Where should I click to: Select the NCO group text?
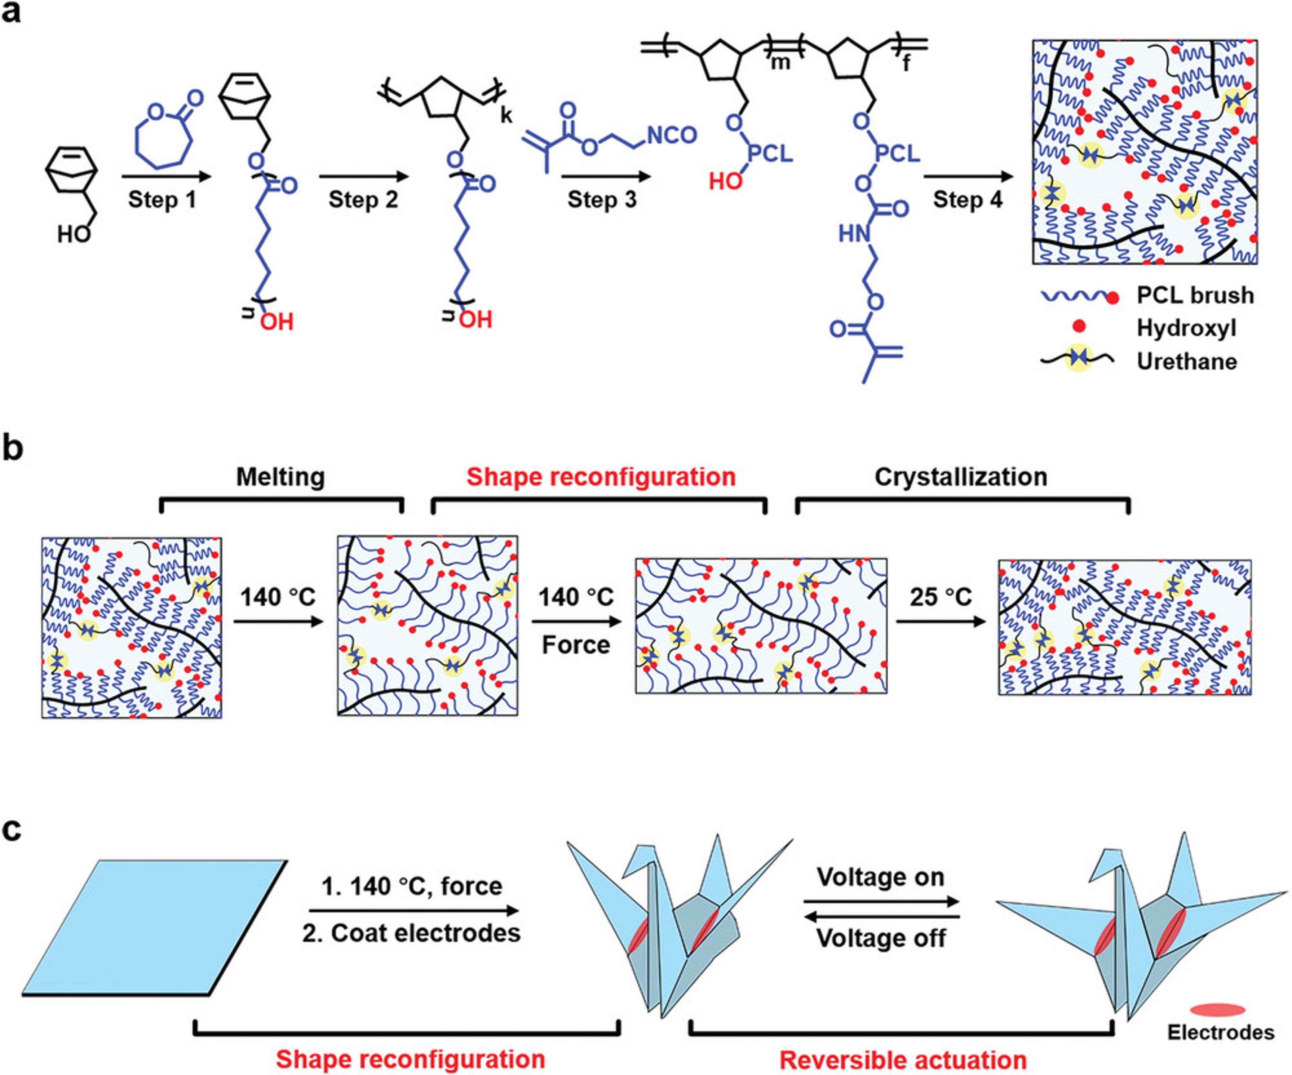[672, 135]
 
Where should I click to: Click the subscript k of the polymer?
[506, 115]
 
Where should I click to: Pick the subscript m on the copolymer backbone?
[780, 62]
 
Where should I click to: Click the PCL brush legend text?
[1195, 295]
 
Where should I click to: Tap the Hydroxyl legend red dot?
[1079, 327]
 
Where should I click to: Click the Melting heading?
[281, 477]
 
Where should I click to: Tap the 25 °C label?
[941, 596]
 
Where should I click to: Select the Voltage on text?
[881, 877]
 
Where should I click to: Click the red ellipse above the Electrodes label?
[1218, 1010]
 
